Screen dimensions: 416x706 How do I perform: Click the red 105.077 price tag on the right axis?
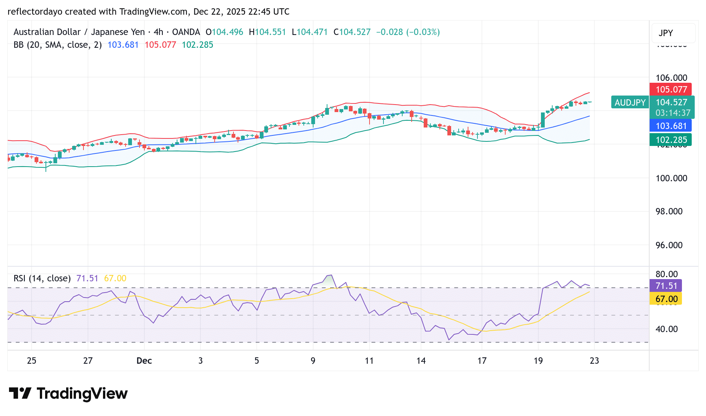pyautogui.click(x=671, y=90)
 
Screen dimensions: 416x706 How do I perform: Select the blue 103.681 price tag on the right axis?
pyautogui.click(x=671, y=126)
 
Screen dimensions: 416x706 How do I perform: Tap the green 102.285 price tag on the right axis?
pyautogui.click(x=671, y=140)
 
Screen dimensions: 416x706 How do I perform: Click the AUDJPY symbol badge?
pyautogui.click(x=630, y=102)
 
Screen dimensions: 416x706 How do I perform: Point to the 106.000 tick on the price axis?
pyautogui.click(x=671, y=78)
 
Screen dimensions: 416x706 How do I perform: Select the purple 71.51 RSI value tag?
pyautogui.click(x=666, y=286)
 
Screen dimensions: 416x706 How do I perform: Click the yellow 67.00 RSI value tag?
pyautogui.click(x=666, y=299)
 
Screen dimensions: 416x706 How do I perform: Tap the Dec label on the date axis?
pyautogui.click(x=144, y=361)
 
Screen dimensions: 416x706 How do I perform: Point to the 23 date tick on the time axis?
pyautogui.click(x=594, y=361)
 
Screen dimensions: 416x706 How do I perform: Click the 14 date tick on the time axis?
pyautogui.click(x=421, y=361)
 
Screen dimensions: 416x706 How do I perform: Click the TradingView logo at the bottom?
pyautogui.click(x=68, y=393)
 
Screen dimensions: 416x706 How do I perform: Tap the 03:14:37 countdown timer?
pyautogui.click(x=673, y=113)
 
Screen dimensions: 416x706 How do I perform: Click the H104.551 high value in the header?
pyautogui.click(x=267, y=32)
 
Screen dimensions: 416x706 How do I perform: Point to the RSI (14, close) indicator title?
pyautogui.click(x=42, y=278)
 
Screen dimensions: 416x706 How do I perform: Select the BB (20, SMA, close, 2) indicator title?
pyautogui.click(x=58, y=45)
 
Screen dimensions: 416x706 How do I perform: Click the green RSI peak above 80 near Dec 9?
pyautogui.click(x=329, y=279)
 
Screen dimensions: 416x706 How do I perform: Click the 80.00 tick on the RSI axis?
pyautogui.click(x=667, y=274)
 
